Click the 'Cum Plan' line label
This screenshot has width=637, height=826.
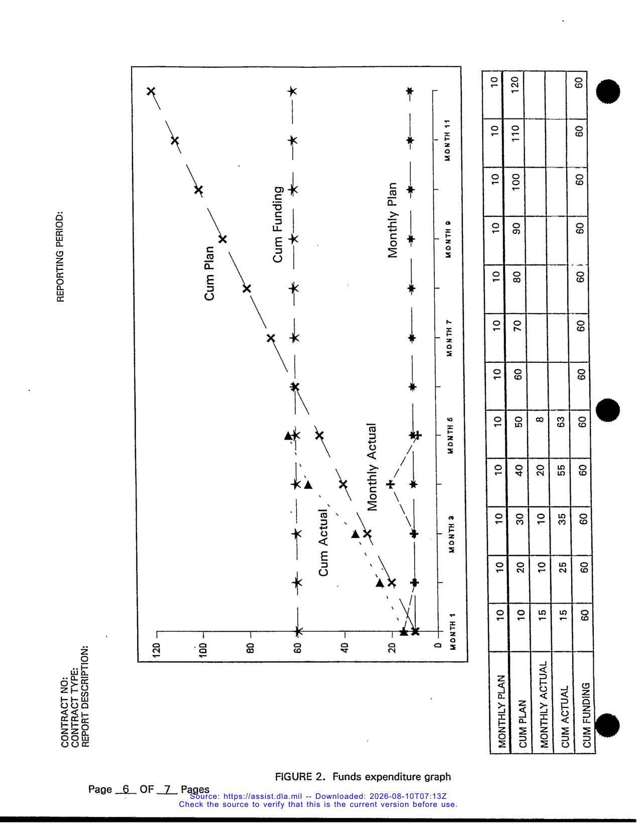[x=209, y=273]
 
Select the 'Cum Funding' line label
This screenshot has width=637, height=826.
[x=278, y=224]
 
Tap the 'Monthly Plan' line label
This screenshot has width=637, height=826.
[x=392, y=220]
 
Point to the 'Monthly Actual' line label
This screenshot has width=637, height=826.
[x=372, y=467]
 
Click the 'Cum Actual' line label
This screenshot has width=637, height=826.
[x=323, y=543]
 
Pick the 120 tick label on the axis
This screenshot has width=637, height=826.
[x=156, y=650]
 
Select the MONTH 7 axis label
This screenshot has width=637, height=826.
[x=449, y=338]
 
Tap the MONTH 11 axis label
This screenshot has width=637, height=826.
[x=447, y=140]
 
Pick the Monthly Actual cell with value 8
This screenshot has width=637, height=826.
[x=540, y=420]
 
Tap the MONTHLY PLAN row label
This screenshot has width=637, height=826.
[x=501, y=711]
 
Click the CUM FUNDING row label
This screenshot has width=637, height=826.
[x=586, y=715]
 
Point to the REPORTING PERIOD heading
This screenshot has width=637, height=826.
[x=60, y=256]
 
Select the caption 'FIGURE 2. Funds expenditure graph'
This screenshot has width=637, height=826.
[x=363, y=776]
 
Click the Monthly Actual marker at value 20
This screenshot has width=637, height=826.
[x=391, y=484]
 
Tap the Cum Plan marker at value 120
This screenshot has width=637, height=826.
[x=151, y=91]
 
